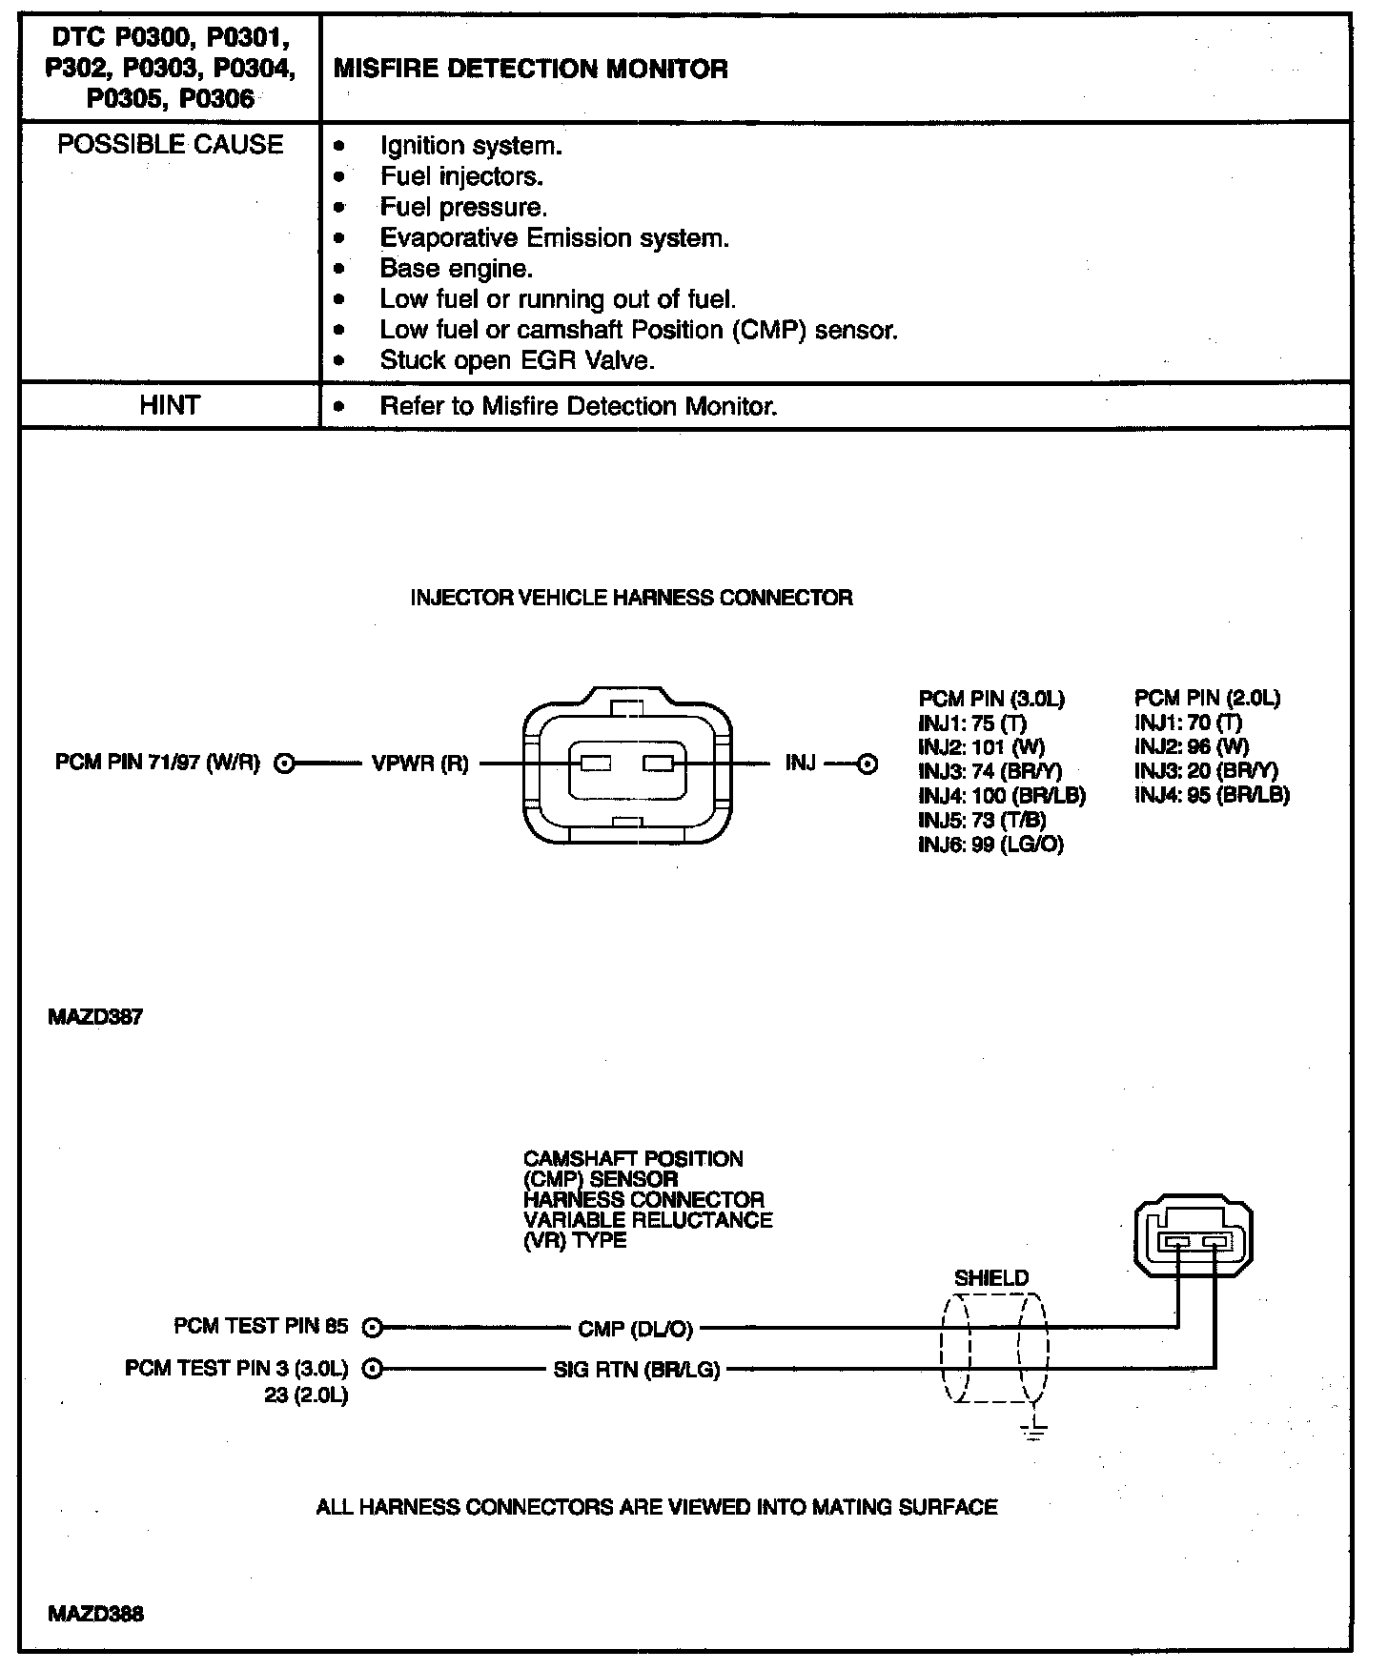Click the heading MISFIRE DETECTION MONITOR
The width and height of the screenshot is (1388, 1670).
coord(530,69)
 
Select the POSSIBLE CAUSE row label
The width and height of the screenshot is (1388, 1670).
coord(171,145)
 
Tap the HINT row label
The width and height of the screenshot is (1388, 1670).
coord(170,406)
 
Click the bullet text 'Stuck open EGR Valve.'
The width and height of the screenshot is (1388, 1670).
coord(517,360)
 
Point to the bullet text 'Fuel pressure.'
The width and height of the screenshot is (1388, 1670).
coord(463,207)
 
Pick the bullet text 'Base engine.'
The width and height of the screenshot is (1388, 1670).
coord(456,268)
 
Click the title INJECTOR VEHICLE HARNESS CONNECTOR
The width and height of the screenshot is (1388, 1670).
coord(631,598)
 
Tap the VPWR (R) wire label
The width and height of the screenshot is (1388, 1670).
coord(419,764)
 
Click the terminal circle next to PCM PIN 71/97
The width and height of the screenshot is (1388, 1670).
coord(283,764)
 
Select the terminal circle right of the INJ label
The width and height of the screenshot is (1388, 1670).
coord(867,764)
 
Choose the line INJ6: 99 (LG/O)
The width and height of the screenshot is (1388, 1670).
coord(990,845)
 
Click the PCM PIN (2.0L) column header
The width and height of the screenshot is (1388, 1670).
coord(1207,699)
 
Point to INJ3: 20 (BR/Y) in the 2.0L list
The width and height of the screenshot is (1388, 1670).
coord(1206,770)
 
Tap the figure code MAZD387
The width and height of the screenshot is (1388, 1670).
coord(95,1017)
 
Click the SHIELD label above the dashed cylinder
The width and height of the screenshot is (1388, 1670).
coord(991,1278)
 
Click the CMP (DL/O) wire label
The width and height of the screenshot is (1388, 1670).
coord(635,1328)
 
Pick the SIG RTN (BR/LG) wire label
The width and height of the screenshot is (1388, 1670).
coord(636,1370)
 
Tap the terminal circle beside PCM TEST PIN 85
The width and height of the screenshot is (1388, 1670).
coord(373,1327)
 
